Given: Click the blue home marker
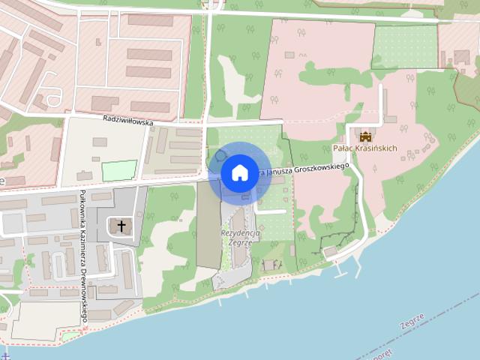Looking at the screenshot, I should click(x=239, y=173).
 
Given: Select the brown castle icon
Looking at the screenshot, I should click(x=365, y=136).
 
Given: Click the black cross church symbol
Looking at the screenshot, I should click(x=121, y=225).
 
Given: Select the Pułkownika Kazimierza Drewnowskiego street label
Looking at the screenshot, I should click(x=84, y=255).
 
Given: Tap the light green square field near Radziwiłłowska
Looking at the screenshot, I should click(x=119, y=170).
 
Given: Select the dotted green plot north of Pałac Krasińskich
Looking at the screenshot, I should click(x=404, y=46).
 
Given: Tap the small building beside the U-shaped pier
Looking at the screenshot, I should click(x=331, y=250).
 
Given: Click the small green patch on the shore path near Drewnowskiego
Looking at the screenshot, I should click(x=70, y=335).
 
